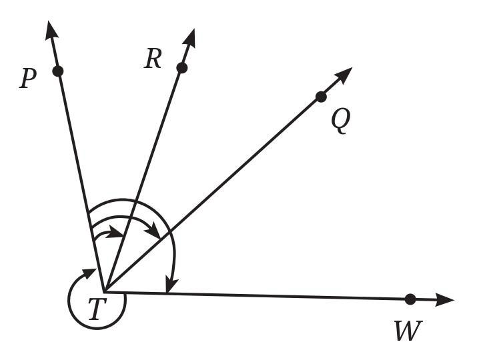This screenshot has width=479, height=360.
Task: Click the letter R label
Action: [153, 60]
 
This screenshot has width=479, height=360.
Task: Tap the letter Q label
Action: [340, 121]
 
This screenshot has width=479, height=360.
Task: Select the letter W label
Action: [408, 331]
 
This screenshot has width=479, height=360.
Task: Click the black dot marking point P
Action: [57, 71]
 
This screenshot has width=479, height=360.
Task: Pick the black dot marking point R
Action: [181, 67]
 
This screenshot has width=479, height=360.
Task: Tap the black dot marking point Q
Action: [321, 97]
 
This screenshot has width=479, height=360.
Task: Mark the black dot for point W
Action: [410, 299]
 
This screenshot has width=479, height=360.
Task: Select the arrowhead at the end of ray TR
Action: [191, 37]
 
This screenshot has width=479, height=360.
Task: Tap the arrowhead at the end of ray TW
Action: [446, 300]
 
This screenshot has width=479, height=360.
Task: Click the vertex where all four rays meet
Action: [104, 292]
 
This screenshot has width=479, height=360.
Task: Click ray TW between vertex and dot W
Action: [267, 296]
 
